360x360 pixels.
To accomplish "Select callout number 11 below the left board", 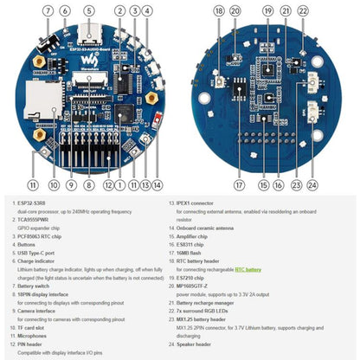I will click(x=32, y=184).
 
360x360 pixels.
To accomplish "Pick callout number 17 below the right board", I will click(x=240, y=184).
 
